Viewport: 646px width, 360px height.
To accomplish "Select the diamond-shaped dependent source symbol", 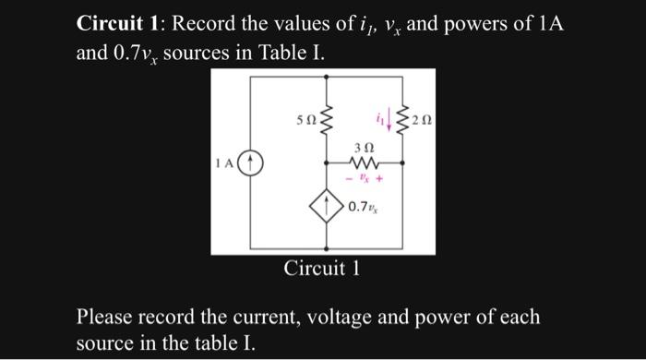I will (329, 208).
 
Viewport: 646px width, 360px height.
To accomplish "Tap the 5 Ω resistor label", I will (303, 120).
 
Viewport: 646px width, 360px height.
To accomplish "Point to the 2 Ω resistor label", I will (423, 120).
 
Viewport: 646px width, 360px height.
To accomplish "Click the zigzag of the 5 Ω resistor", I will (327, 121).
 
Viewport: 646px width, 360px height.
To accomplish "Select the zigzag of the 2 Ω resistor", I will (403, 121).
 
